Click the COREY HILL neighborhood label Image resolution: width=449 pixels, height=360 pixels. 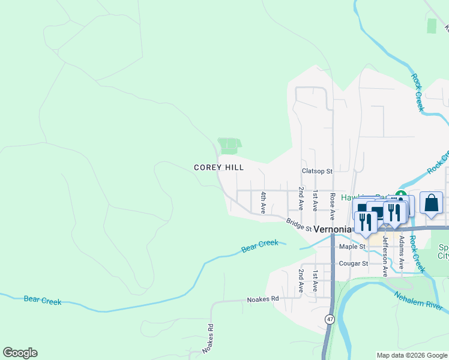click(x=217, y=168)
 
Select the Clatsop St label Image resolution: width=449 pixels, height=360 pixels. click(x=317, y=172)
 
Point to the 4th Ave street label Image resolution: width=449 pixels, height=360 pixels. click(x=263, y=202)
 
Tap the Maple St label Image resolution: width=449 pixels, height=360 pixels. click(x=352, y=247)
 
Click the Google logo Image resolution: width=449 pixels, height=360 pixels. click(x=20, y=353)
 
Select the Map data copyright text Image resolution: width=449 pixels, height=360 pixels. click(x=412, y=355)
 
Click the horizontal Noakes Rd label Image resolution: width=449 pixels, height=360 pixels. click(x=263, y=299)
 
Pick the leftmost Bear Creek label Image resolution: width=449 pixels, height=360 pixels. click(x=43, y=301)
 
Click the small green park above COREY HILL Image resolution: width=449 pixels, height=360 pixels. click(x=230, y=145)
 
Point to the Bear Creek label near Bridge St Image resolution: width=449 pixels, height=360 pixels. click(x=260, y=245)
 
